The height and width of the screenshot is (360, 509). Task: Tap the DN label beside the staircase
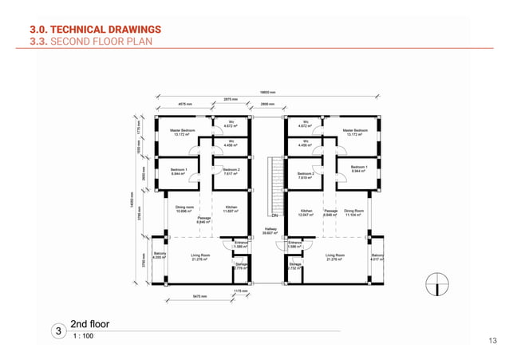(274, 216)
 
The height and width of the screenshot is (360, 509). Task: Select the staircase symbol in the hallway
(278, 182)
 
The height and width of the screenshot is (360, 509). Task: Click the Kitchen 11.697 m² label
(231, 208)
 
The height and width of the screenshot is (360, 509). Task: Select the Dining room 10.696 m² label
(185, 208)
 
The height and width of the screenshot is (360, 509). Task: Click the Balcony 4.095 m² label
(159, 256)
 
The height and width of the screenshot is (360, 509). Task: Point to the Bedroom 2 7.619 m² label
(306, 176)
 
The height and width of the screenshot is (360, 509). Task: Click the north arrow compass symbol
(435, 282)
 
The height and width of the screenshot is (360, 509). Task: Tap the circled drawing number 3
(57, 330)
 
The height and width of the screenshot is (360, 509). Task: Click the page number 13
(491, 341)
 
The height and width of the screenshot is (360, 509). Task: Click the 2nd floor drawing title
(89, 324)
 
